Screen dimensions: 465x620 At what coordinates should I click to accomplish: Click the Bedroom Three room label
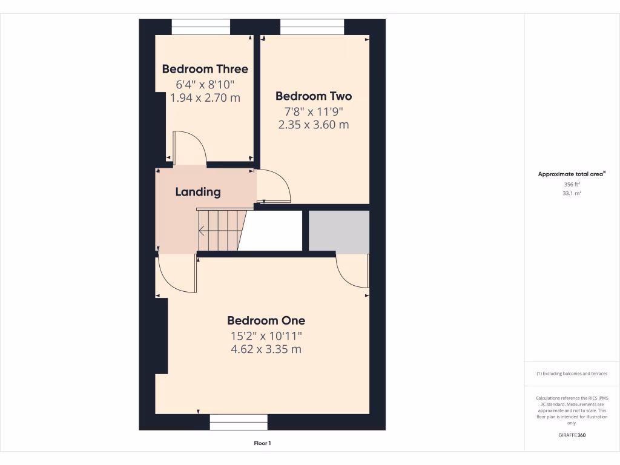[x=205, y=69]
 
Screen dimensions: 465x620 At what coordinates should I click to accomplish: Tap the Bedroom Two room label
[x=313, y=96]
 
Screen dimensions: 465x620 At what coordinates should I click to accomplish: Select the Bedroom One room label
[x=266, y=320]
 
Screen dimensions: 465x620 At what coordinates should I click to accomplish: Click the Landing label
[x=198, y=192]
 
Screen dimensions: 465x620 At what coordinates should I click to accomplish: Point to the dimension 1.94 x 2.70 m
[x=205, y=97]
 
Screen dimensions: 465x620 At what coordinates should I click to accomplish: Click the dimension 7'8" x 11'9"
[x=313, y=111]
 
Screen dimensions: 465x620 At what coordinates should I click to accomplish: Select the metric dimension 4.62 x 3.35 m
[x=266, y=349]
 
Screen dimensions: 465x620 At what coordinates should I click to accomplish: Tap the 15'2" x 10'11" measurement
[x=266, y=335]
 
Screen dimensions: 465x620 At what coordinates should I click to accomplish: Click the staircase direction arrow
[x=202, y=230]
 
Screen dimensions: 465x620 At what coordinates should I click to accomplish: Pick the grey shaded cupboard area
[x=338, y=231]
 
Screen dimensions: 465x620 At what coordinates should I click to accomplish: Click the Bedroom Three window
[x=201, y=27]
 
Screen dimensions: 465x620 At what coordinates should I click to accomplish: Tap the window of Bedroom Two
[x=312, y=27]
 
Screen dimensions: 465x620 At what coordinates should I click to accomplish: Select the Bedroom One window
[x=239, y=422]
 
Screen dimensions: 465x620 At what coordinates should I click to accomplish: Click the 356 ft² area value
[x=572, y=184]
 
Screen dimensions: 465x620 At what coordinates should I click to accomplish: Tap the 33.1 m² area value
[x=572, y=194]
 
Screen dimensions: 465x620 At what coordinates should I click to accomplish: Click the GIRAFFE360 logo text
[x=572, y=435]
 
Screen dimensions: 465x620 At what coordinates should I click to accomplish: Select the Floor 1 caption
[x=262, y=443]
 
